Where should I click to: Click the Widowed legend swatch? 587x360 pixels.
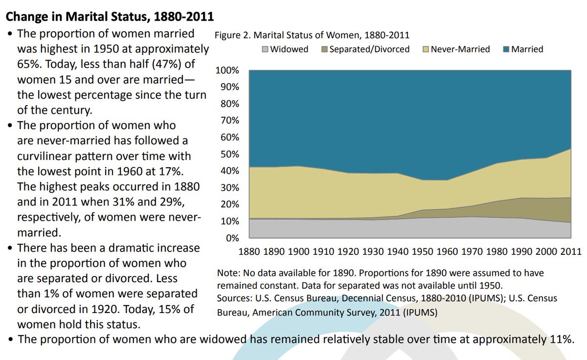point(266,49)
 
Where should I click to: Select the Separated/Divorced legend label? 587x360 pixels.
point(369,49)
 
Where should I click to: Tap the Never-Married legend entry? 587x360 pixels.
point(460,49)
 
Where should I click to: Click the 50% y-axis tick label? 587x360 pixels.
point(228,155)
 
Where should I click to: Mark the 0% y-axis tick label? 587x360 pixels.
point(231,239)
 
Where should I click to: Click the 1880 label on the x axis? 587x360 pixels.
point(249,252)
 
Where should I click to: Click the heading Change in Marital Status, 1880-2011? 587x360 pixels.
point(109,17)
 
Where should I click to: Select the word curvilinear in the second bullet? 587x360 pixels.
point(46,156)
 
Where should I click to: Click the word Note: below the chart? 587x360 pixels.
point(228,273)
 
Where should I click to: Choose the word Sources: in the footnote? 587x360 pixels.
point(234,298)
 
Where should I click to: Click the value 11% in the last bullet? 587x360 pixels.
point(558,339)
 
